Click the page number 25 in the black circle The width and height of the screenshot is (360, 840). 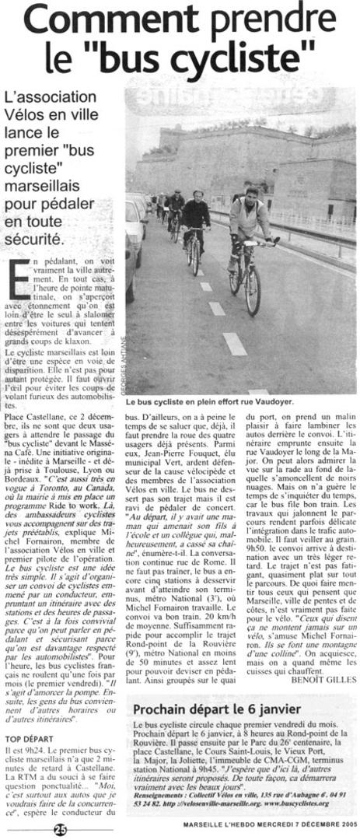61,830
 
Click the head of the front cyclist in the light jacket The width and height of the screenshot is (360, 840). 251,192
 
